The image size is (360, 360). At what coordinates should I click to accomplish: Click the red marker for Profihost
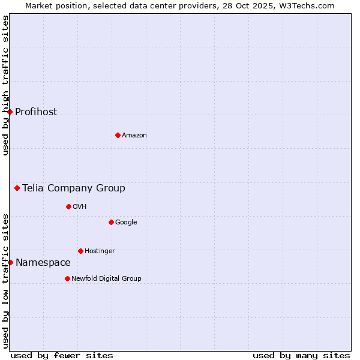[x=10, y=112]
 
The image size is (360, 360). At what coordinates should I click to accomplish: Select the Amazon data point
[x=118, y=135]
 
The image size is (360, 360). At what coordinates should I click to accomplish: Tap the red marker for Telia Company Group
[x=17, y=188]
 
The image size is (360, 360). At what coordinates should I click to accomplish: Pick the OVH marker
[x=68, y=206]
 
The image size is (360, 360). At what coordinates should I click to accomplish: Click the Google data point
[x=111, y=222]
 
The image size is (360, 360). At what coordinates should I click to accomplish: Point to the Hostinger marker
[x=80, y=251]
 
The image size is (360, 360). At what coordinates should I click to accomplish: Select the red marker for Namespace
[x=10, y=262]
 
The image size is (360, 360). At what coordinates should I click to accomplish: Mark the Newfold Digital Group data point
[x=67, y=278]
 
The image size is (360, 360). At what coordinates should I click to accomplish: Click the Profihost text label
[x=36, y=112]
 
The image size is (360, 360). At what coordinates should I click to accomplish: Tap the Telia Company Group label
[x=74, y=188]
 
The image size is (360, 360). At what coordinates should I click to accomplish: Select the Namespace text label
[x=43, y=262]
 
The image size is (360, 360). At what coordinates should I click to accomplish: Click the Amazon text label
[x=134, y=135]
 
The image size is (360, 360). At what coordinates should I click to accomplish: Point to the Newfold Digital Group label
[x=106, y=278]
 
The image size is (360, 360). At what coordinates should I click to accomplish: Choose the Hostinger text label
[x=100, y=251]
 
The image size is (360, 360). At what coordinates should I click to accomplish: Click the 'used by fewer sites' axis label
[x=62, y=355]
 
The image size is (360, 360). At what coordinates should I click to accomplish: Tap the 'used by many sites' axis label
[x=301, y=355]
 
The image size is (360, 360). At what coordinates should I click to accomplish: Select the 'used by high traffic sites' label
[x=5, y=85]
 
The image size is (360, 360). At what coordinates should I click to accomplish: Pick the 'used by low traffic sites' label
[x=5, y=281]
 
